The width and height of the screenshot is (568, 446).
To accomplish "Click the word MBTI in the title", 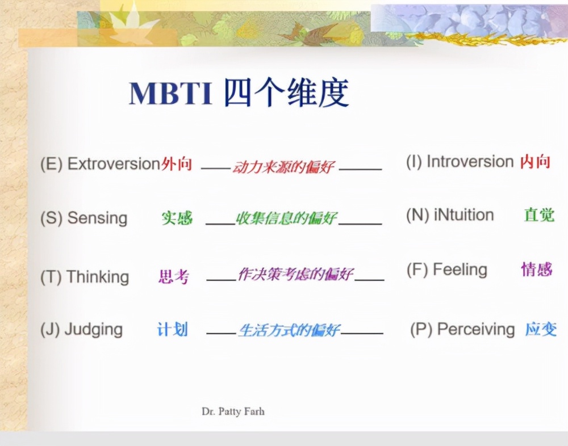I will (x=170, y=94).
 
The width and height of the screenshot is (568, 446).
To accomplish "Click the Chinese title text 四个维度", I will (x=286, y=94).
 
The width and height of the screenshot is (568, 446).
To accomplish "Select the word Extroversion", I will (x=113, y=165).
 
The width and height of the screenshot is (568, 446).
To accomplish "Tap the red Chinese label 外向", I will (x=177, y=165).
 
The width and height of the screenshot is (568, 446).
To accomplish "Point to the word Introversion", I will (x=470, y=162).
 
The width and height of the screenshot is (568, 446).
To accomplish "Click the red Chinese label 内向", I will (x=536, y=162).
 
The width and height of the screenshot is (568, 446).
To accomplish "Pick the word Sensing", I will (x=97, y=218).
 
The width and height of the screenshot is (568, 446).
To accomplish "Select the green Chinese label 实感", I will (x=177, y=218).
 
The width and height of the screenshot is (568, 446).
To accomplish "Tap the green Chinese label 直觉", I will (x=539, y=215).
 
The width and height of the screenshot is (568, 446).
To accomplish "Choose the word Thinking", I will (x=98, y=277).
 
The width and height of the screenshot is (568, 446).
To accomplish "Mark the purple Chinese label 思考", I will (x=174, y=277).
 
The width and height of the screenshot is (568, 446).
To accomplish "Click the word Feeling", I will (x=460, y=270).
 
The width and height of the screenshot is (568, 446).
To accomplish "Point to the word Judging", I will (x=94, y=330).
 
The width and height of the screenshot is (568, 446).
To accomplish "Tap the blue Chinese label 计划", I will (x=173, y=329).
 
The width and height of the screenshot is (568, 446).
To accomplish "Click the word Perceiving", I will (x=476, y=330).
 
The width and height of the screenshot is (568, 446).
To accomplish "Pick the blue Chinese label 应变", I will (x=541, y=329).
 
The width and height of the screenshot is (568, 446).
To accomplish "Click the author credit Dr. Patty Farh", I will (x=233, y=411).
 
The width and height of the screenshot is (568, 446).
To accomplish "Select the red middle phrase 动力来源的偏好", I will (x=283, y=167).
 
